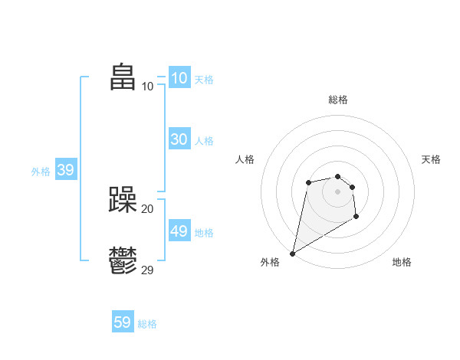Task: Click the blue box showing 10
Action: [179, 77]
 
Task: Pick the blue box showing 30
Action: [179, 139]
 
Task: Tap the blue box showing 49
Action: [179, 231]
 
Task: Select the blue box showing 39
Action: [66, 170]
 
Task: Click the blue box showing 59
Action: [123, 322]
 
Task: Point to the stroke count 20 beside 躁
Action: [147, 208]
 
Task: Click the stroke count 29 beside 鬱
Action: [147, 270]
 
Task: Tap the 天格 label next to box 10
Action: [204, 80]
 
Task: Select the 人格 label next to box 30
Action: [204, 141]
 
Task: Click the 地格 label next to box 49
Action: [204, 233]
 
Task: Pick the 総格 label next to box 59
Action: [147, 325]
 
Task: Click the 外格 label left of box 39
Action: [41, 172]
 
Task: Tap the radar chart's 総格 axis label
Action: [338, 100]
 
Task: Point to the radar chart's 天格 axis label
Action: [431, 159]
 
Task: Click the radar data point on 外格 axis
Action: [293, 253]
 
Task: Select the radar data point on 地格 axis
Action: [356, 217]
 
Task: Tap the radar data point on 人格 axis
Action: [308, 182]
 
